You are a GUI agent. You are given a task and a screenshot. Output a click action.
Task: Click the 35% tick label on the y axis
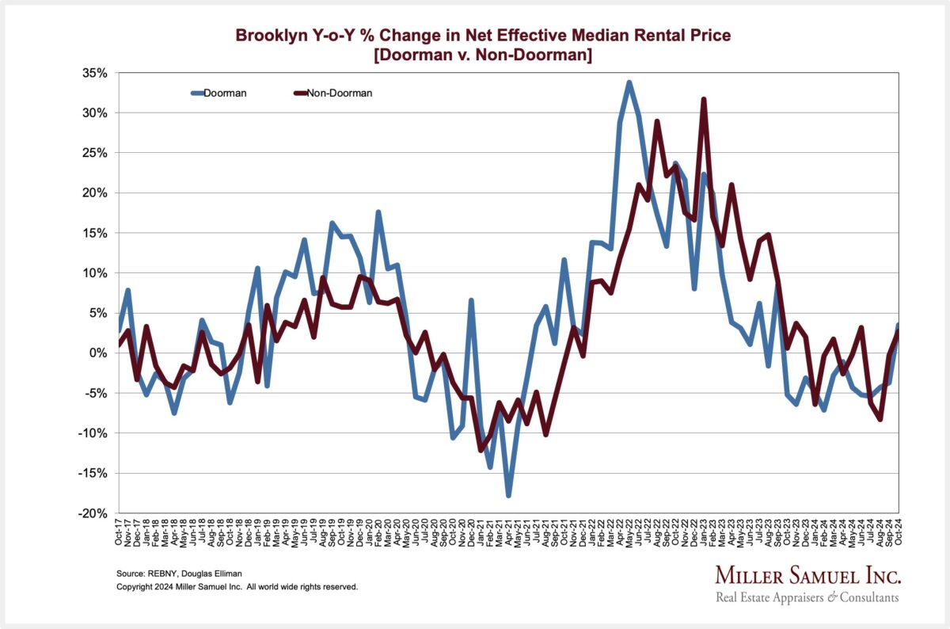point(95,73)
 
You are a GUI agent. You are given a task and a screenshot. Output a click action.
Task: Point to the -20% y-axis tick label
point(93,513)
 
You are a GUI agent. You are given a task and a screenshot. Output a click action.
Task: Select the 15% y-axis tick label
point(95,233)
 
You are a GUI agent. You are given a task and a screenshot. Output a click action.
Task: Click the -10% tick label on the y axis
point(93,433)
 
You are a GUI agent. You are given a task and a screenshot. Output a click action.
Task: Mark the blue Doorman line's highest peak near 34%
point(629,82)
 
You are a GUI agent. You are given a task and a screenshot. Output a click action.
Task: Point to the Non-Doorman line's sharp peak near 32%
point(704,100)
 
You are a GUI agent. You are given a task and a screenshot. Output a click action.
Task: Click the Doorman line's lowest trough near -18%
point(508,495)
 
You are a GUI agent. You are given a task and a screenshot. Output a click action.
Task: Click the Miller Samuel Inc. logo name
point(807,574)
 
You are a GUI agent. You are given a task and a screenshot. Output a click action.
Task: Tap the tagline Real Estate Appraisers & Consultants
point(807,597)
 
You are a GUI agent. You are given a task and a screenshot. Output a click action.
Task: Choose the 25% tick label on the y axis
point(95,153)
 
